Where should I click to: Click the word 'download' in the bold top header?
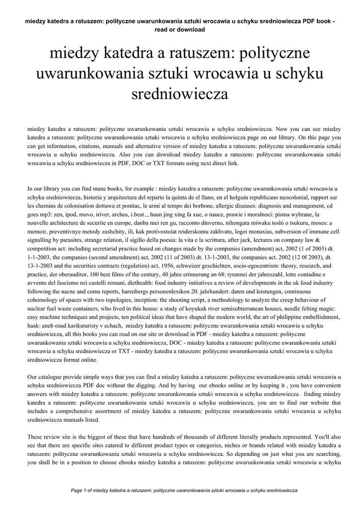(x=191, y=29)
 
